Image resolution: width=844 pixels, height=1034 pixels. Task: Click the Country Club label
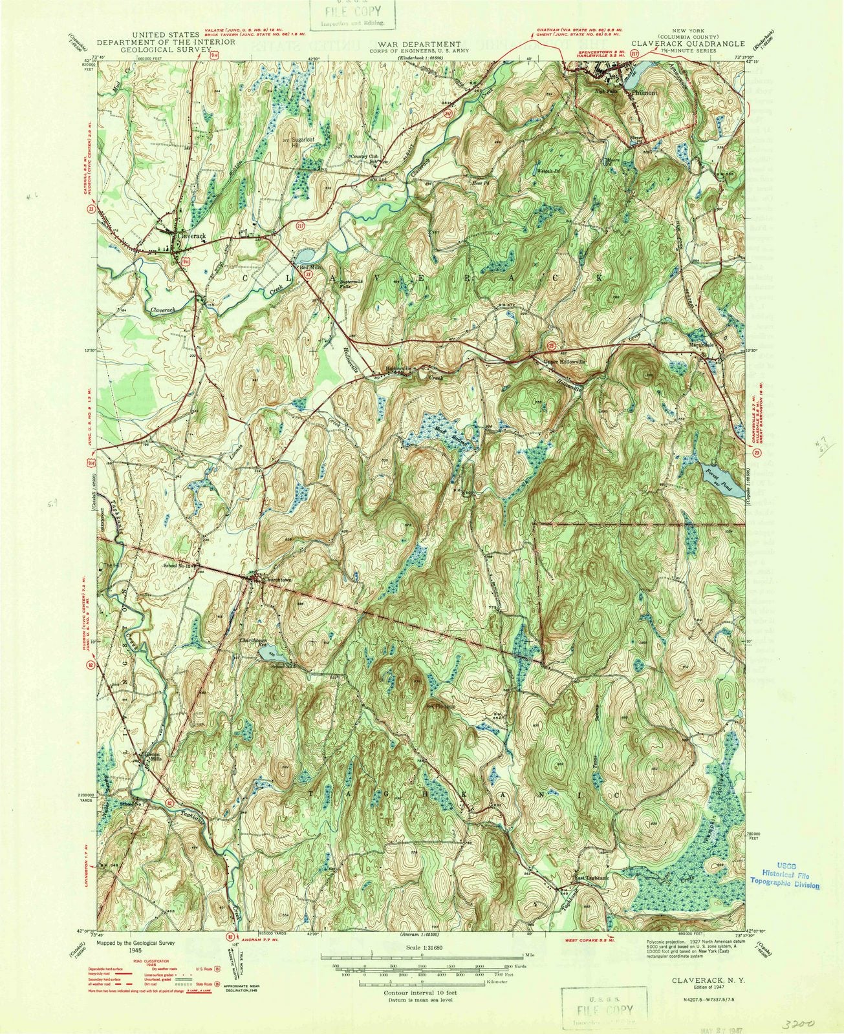[365, 156]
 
